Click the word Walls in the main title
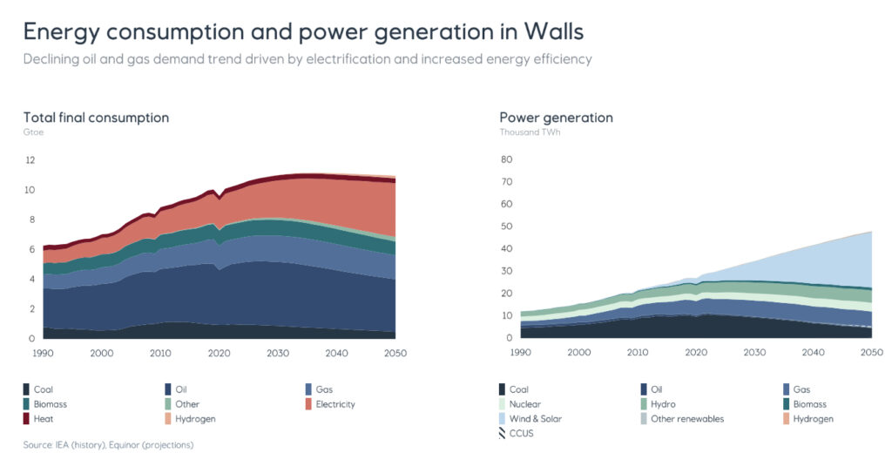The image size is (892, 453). [x=554, y=31]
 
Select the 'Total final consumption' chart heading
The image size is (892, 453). [x=96, y=118]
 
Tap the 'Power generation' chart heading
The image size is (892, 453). [x=556, y=118]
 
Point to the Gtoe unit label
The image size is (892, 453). [x=33, y=132]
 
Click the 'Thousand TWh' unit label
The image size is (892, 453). [x=526, y=132]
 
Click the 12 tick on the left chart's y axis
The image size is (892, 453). [x=30, y=160]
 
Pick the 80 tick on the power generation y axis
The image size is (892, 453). [x=505, y=160]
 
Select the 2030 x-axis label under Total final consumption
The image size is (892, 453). [x=278, y=352]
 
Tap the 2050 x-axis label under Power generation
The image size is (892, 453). [x=872, y=352]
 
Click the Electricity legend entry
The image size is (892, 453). [x=335, y=404]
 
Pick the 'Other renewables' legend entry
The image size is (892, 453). [x=687, y=419]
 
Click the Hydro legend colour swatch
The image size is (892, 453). [x=645, y=404]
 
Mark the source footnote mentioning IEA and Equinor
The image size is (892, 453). [x=108, y=445]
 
